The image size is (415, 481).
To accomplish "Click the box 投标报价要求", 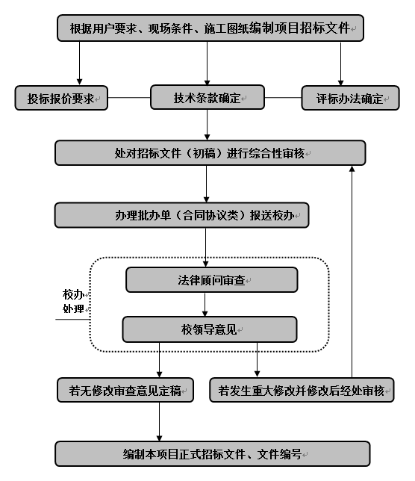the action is (61, 98).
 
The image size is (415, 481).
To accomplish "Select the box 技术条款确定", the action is (207, 97).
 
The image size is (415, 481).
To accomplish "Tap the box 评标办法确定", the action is (350, 98).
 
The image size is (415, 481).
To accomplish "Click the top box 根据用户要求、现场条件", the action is (210, 28).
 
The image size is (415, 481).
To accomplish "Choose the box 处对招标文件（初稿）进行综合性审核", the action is (210, 153).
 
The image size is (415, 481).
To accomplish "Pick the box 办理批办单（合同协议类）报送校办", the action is (182, 215).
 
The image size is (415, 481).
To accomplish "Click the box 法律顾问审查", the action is (212, 280).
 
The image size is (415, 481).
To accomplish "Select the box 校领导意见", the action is (210, 329).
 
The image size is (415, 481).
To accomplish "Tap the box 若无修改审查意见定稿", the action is (125, 390).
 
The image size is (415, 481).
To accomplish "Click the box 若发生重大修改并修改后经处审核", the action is (302, 390).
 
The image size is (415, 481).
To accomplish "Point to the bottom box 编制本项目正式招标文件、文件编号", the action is (213, 453).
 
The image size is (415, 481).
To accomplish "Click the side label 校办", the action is (74, 294).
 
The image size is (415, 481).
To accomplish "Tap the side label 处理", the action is (74, 308).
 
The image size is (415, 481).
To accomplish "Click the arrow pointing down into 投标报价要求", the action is (79, 63).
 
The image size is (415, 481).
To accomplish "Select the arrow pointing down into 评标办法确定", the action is (340, 63).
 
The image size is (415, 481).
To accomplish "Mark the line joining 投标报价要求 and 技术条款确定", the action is (129, 98).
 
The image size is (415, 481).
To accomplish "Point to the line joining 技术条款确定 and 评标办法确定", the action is (283, 98).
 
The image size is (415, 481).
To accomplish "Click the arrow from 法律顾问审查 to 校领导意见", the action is (205, 305).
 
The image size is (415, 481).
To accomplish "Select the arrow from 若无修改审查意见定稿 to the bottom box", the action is (160, 422).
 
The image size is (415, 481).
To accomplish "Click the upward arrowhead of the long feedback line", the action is (352, 168).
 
